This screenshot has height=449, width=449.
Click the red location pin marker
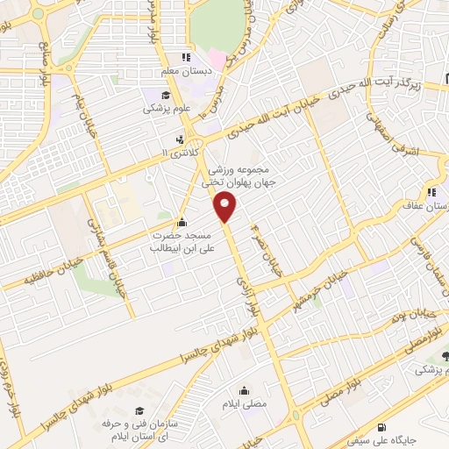point(225,207)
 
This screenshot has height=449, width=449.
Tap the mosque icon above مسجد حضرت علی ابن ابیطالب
point(182,222)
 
